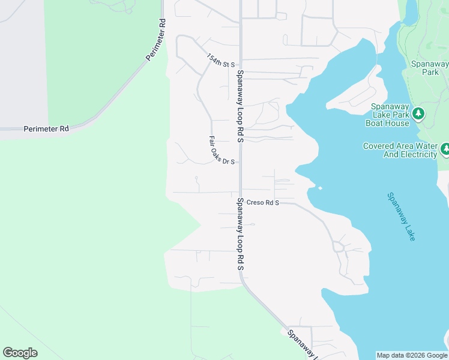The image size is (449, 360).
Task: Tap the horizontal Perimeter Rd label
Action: [x=46, y=129]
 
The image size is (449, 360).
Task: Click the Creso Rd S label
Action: [x=263, y=203]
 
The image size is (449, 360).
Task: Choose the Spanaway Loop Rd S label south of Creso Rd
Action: [x=240, y=234]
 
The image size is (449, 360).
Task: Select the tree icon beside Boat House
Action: [x=418, y=113]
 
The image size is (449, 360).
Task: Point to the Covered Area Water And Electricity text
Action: [x=400, y=150]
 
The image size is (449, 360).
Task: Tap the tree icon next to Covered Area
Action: [x=445, y=148]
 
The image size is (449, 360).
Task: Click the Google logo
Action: [x=20, y=353]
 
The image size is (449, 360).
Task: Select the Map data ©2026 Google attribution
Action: [x=411, y=355]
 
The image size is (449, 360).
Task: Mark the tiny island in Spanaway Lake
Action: [x=320, y=188]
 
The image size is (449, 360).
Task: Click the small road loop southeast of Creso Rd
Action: [x=339, y=246]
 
